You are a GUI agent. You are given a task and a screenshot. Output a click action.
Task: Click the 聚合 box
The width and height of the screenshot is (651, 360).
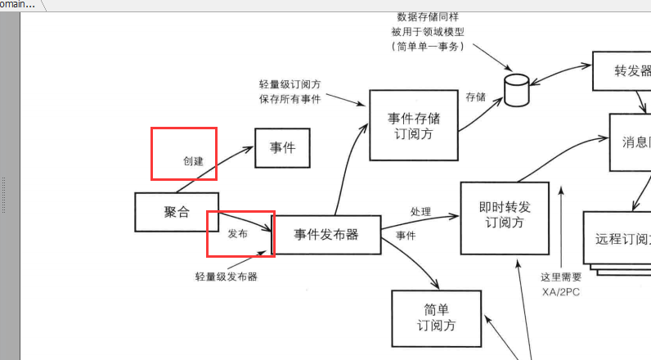coord(177,212)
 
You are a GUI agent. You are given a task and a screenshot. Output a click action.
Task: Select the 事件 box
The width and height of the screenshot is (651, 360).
coord(282,148)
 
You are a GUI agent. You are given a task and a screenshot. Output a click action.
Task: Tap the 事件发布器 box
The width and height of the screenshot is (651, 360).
coord(326,235)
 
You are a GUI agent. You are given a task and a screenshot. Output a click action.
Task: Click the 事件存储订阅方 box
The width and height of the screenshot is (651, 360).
coord(413,125)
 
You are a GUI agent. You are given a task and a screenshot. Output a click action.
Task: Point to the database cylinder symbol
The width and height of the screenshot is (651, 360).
coord(516,90)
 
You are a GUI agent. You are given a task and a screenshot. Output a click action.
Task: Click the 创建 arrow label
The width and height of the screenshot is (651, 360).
coord(193,161)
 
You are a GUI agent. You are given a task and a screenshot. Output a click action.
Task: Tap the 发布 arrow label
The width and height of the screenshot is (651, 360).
coord(237,233)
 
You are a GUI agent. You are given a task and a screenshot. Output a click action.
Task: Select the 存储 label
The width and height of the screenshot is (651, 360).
coord(475,97)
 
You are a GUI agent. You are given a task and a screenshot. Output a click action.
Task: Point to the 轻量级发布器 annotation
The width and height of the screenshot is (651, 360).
coord(227,277)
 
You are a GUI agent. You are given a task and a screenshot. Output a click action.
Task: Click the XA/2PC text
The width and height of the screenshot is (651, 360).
coord(560,292)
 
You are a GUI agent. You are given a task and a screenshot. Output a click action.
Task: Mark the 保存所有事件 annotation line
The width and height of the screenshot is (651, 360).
coord(290,99)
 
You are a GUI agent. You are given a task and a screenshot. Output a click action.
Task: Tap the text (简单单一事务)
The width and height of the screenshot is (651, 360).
coord(428,47)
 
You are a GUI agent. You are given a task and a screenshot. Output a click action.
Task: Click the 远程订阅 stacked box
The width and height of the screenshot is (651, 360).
coord(618,239)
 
